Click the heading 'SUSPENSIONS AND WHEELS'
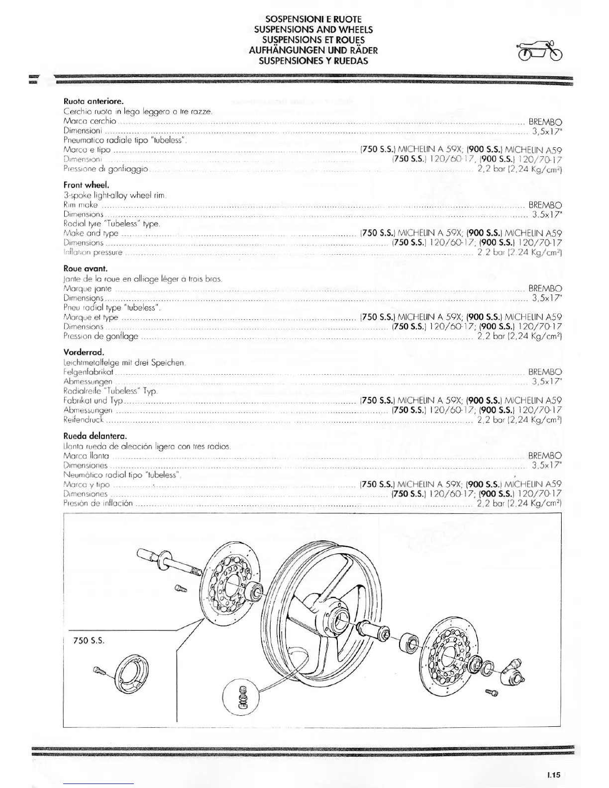[x=313, y=29]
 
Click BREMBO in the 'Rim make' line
[x=545, y=205]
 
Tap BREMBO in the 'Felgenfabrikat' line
[x=545, y=372]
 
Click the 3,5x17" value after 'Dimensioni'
[x=547, y=132]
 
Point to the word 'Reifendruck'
[x=83, y=419]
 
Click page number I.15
[x=553, y=775]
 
